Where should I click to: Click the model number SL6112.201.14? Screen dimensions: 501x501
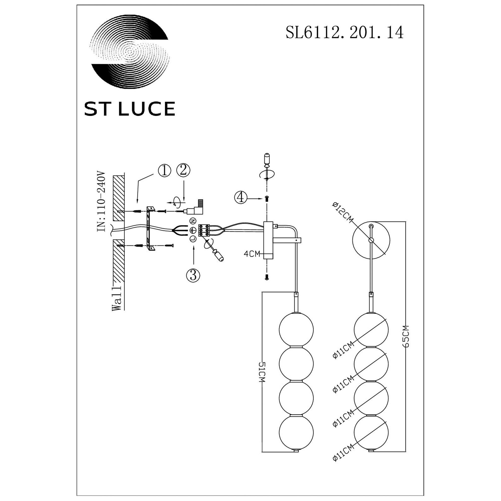345,33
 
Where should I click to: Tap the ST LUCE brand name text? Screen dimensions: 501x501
130,109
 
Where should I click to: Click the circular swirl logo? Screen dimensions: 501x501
130,52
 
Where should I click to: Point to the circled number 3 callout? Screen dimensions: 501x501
193,275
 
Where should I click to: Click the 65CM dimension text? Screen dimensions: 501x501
406,336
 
